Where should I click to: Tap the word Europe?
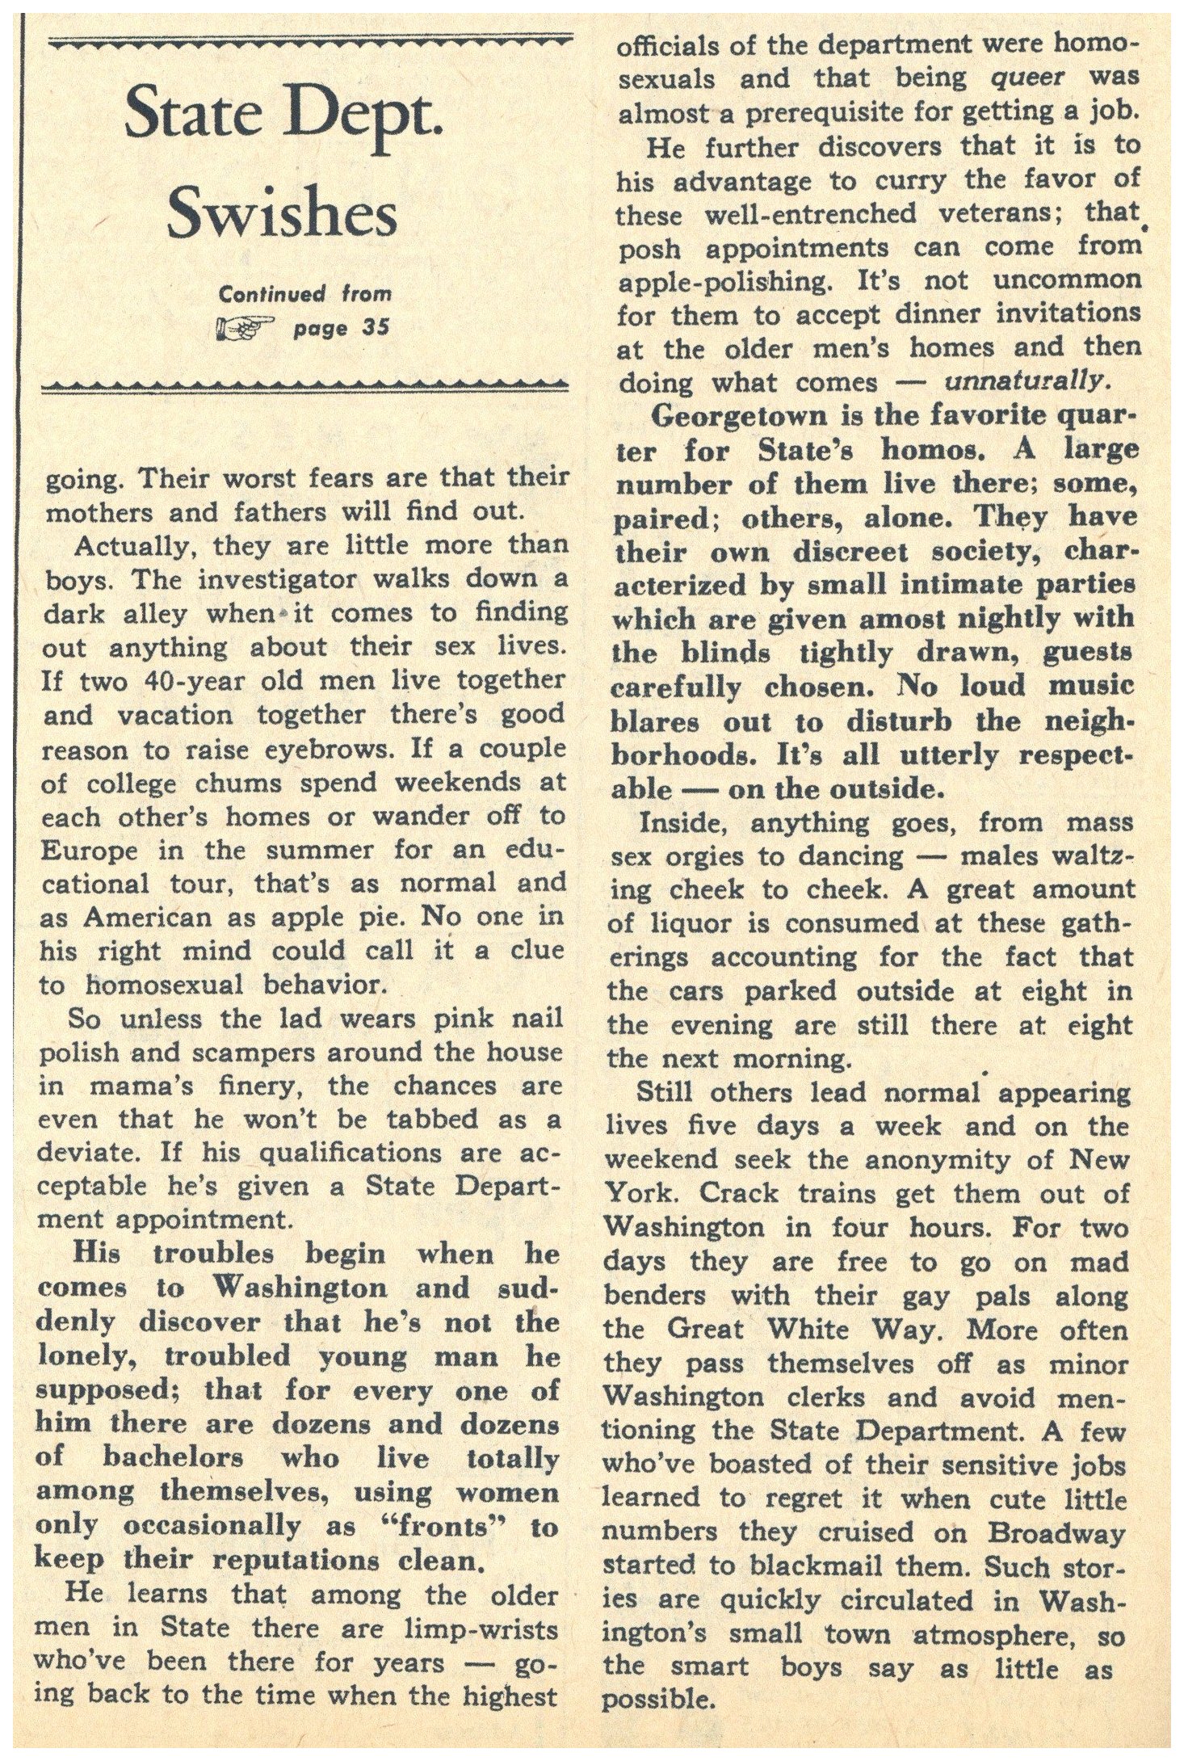click(89, 851)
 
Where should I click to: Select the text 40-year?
click(174, 680)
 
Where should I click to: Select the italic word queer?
click(1025, 78)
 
